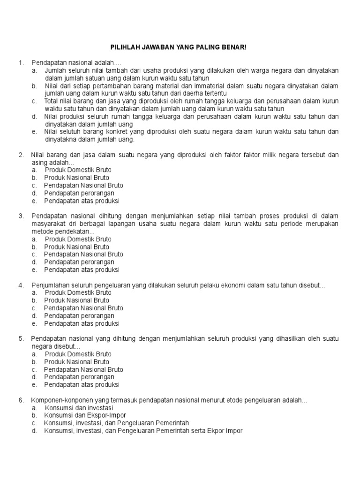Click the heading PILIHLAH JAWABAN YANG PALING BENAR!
pos(178,47)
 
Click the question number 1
pos(21,63)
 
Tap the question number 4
pos(21,285)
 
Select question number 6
pos(21,400)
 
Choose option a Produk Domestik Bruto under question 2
pos(78,170)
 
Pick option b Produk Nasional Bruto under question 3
pos(77,247)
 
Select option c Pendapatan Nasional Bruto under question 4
pos(83,308)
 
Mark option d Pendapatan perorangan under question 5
pos(79,377)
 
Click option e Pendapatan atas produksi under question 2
pos(82,201)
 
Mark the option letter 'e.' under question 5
pos(35,385)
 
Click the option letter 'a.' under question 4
pos(35,292)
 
